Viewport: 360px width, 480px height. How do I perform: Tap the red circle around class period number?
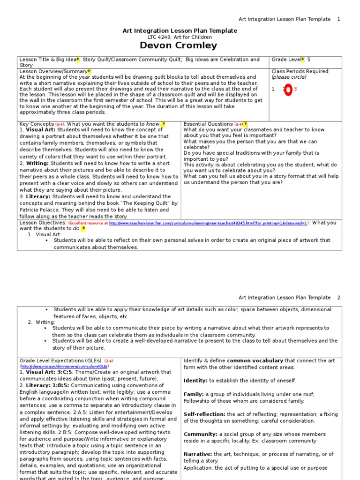coord(288,90)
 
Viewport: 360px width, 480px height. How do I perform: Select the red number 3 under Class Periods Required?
coord(296,89)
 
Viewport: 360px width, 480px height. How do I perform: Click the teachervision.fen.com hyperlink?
coord(208,224)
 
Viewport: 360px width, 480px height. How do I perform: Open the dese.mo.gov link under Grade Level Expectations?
coord(65,366)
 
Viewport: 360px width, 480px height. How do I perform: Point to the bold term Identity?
coord(195,380)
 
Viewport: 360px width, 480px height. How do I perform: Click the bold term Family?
coord(194,394)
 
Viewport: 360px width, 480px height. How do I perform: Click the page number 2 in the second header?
coord(338,298)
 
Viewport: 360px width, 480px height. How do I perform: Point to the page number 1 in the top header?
coord(338,19)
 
